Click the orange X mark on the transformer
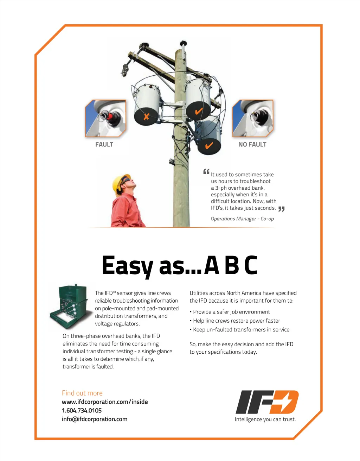coord(146,116)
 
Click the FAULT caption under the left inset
coord(104,145)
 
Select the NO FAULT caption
coord(252,145)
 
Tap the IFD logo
coord(267,402)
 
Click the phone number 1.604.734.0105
coord(82,411)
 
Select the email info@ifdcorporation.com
coord(95,419)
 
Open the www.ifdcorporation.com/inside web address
coord(105,402)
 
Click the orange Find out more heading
coord(82,393)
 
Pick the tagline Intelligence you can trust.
coord(265,419)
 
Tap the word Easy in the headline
coord(128,267)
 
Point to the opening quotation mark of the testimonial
coord(206,171)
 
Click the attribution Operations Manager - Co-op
coord(242,219)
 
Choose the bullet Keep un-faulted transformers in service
coord(239,329)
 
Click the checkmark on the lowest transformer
coord(209,146)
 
